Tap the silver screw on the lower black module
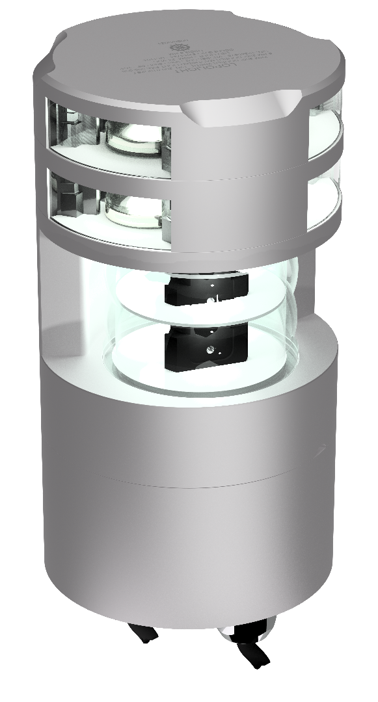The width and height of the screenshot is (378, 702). (x=209, y=349)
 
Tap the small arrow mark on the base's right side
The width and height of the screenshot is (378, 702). (x=321, y=448)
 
